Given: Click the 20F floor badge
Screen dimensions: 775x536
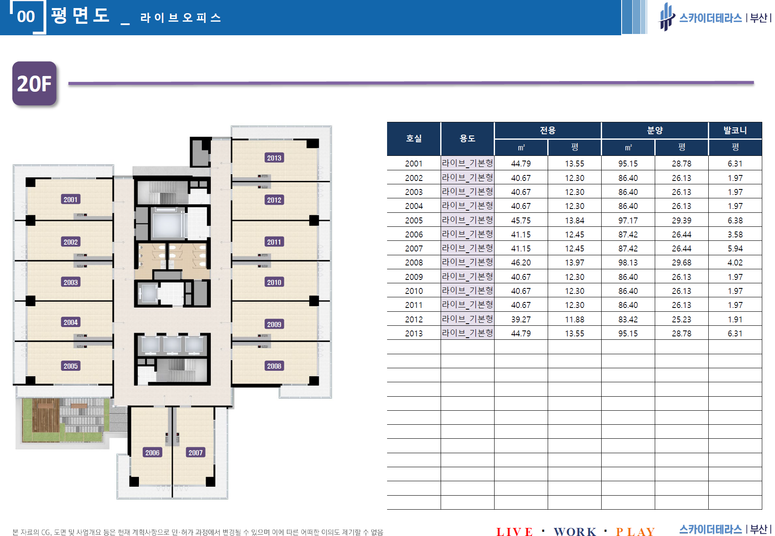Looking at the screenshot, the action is click(34, 83).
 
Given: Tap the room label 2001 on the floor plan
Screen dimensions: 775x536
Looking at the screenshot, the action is click(71, 199).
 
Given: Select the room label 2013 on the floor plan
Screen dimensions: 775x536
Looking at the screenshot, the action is click(274, 158).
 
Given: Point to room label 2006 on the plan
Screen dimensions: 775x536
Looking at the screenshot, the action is click(152, 452).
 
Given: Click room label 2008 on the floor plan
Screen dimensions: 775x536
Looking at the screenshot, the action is click(274, 366).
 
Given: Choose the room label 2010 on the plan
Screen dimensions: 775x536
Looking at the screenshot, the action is click(274, 282).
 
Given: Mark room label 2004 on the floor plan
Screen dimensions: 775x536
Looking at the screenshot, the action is click(71, 322).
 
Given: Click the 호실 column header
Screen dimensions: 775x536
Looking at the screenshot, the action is click(414, 138).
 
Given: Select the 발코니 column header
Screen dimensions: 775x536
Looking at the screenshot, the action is click(735, 130).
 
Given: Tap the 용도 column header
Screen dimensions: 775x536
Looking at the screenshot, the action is click(467, 138).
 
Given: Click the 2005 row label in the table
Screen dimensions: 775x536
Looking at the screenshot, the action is click(414, 220).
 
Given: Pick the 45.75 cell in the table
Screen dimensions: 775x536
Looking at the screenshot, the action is click(521, 220).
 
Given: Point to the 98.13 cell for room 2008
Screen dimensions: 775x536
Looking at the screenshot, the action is click(628, 262).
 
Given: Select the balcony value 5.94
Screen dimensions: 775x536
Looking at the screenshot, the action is click(735, 248).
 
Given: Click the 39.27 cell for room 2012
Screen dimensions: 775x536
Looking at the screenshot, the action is click(521, 319).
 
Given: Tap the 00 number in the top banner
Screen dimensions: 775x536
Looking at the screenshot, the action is click(26, 17).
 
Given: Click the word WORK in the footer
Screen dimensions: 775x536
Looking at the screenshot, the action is click(575, 532).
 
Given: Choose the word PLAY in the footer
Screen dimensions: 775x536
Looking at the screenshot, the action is click(635, 532).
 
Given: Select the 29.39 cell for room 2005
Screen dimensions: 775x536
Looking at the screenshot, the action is click(682, 220).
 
